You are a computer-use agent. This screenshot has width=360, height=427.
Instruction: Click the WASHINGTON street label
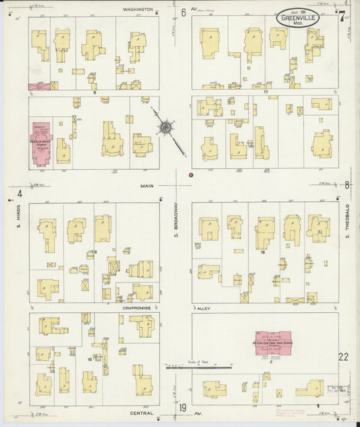[138, 10]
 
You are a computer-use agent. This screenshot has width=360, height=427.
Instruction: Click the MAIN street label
[148, 185]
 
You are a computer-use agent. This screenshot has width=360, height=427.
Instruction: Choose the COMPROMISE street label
[140, 307]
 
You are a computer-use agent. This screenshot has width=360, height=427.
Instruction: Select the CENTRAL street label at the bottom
[143, 411]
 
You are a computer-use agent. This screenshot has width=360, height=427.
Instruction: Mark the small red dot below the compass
[191, 175]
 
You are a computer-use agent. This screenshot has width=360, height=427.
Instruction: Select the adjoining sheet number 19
[183, 407]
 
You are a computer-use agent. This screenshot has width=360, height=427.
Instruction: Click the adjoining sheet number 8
[347, 184]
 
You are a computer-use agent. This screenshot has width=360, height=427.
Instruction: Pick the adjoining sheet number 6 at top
[183, 12]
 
